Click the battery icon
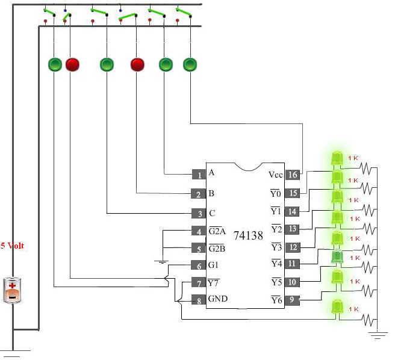coord(12,290)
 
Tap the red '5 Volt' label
coord(12,246)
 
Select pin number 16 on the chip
coord(293,175)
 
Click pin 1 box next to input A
coord(199,175)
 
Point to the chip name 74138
coord(249,235)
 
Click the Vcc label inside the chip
coord(276,175)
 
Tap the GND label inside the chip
coord(218,299)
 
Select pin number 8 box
coord(199,300)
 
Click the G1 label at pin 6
coord(213,265)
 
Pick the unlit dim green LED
coord(337,257)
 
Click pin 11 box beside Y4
coord(292,264)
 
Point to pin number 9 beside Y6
coord(292,300)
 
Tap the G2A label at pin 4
coord(217,231)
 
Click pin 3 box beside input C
coord(199,213)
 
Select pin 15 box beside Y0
coord(293,193)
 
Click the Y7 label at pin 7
coord(213,283)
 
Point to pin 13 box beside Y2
coord(292,229)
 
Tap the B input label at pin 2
coord(211,193)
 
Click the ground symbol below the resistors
coord(378,335)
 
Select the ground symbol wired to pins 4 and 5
coord(162,262)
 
